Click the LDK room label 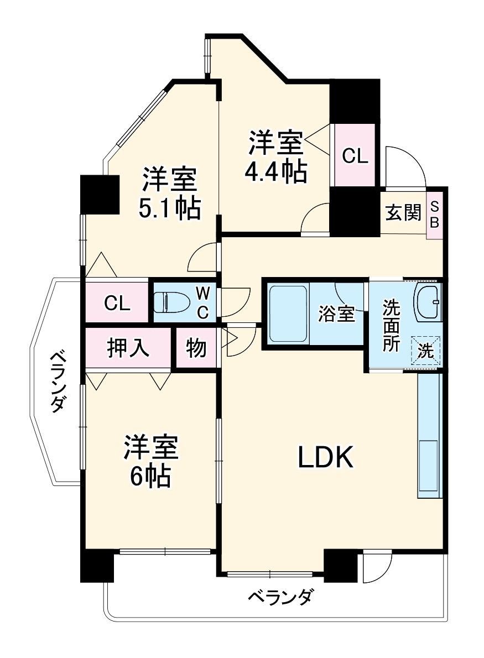coord(326,458)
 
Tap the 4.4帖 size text coord(275,172)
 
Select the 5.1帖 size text coord(169,208)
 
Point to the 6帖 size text coord(150,477)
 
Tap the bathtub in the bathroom coord(288,314)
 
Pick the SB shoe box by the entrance coord(434,215)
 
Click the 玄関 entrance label coord(403,213)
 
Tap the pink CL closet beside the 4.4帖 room coord(355,156)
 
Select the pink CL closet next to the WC coord(117,303)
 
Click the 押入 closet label coord(128,348)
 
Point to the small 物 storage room coord(196,348)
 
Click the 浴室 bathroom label coord(336,314)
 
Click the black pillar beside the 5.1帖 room coord(100,195)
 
